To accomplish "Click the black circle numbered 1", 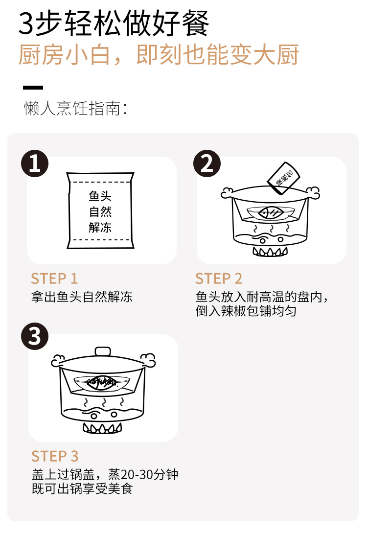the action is [35, 163].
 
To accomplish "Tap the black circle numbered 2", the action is [207, 163].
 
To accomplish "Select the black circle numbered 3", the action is [35, 336].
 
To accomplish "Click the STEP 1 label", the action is [54, 279].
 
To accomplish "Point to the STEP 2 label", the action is [219, 279].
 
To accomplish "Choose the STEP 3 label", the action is [55, 456].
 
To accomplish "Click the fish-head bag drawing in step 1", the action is [101, 210].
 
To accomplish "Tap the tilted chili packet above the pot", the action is [283, 178].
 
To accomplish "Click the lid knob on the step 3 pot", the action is [103, 351].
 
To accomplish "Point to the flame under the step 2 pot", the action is [270, 252].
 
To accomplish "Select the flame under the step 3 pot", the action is [103, 428].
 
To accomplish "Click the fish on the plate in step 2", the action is [271, 213].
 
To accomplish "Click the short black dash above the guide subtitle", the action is [33, 88].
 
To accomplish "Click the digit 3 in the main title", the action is [26, 23].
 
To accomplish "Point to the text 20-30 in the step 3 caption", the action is [134, 475].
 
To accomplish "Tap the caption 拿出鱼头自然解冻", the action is [82, 297].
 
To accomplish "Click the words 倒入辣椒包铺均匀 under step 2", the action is [246, 311].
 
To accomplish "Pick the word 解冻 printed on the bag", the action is [100, 227].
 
